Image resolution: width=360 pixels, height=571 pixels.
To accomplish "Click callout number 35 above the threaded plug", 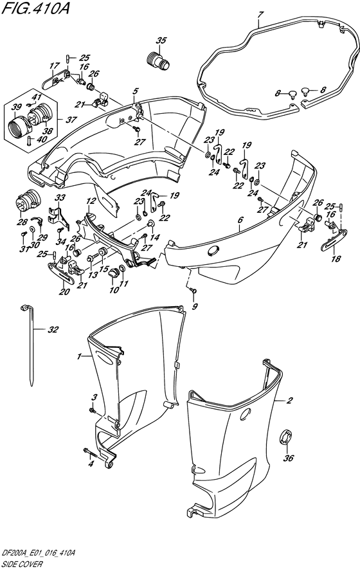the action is point(161,41).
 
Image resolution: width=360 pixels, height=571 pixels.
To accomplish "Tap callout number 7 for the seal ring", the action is point(259,15).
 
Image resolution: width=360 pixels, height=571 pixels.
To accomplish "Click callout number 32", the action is point(53,330).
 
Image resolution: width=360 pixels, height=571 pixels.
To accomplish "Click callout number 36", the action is point(288,458).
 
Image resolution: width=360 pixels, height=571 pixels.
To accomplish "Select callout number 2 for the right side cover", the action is point(290,401).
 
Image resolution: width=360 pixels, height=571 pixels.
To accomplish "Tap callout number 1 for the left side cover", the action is point(78,356).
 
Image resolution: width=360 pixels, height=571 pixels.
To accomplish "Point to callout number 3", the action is point(94,397).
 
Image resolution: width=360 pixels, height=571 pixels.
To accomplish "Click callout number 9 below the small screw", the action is point(195,307).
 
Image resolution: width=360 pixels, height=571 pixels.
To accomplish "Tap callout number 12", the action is point(91,201).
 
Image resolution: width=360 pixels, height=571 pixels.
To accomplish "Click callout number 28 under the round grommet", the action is point(22,222).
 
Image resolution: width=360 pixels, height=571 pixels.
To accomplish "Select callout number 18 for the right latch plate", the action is point(336,259).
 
